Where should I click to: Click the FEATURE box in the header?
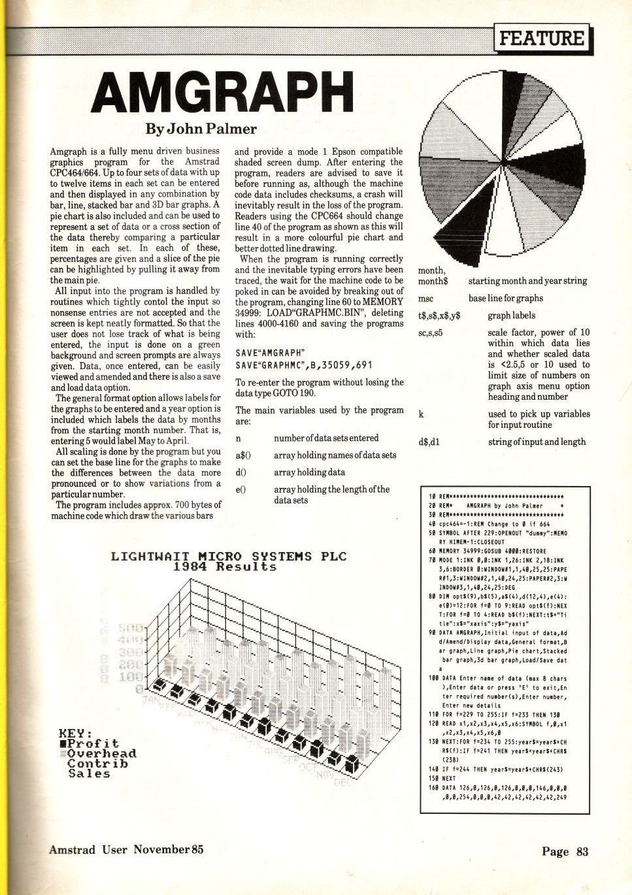pos(542,38)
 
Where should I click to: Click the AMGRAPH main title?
pos(223,92)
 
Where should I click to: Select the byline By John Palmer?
pos(201,129)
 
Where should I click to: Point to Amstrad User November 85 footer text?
pos(126,849)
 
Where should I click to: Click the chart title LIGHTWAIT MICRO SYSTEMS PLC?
pos(228,557)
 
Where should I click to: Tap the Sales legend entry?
pos(89,773)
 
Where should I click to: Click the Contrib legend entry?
pos(97,764)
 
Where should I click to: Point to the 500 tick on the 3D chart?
pos(130,628)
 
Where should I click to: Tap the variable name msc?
pos(425,299)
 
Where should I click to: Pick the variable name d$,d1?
pos(429,442)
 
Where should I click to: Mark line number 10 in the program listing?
pos(432,496)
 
